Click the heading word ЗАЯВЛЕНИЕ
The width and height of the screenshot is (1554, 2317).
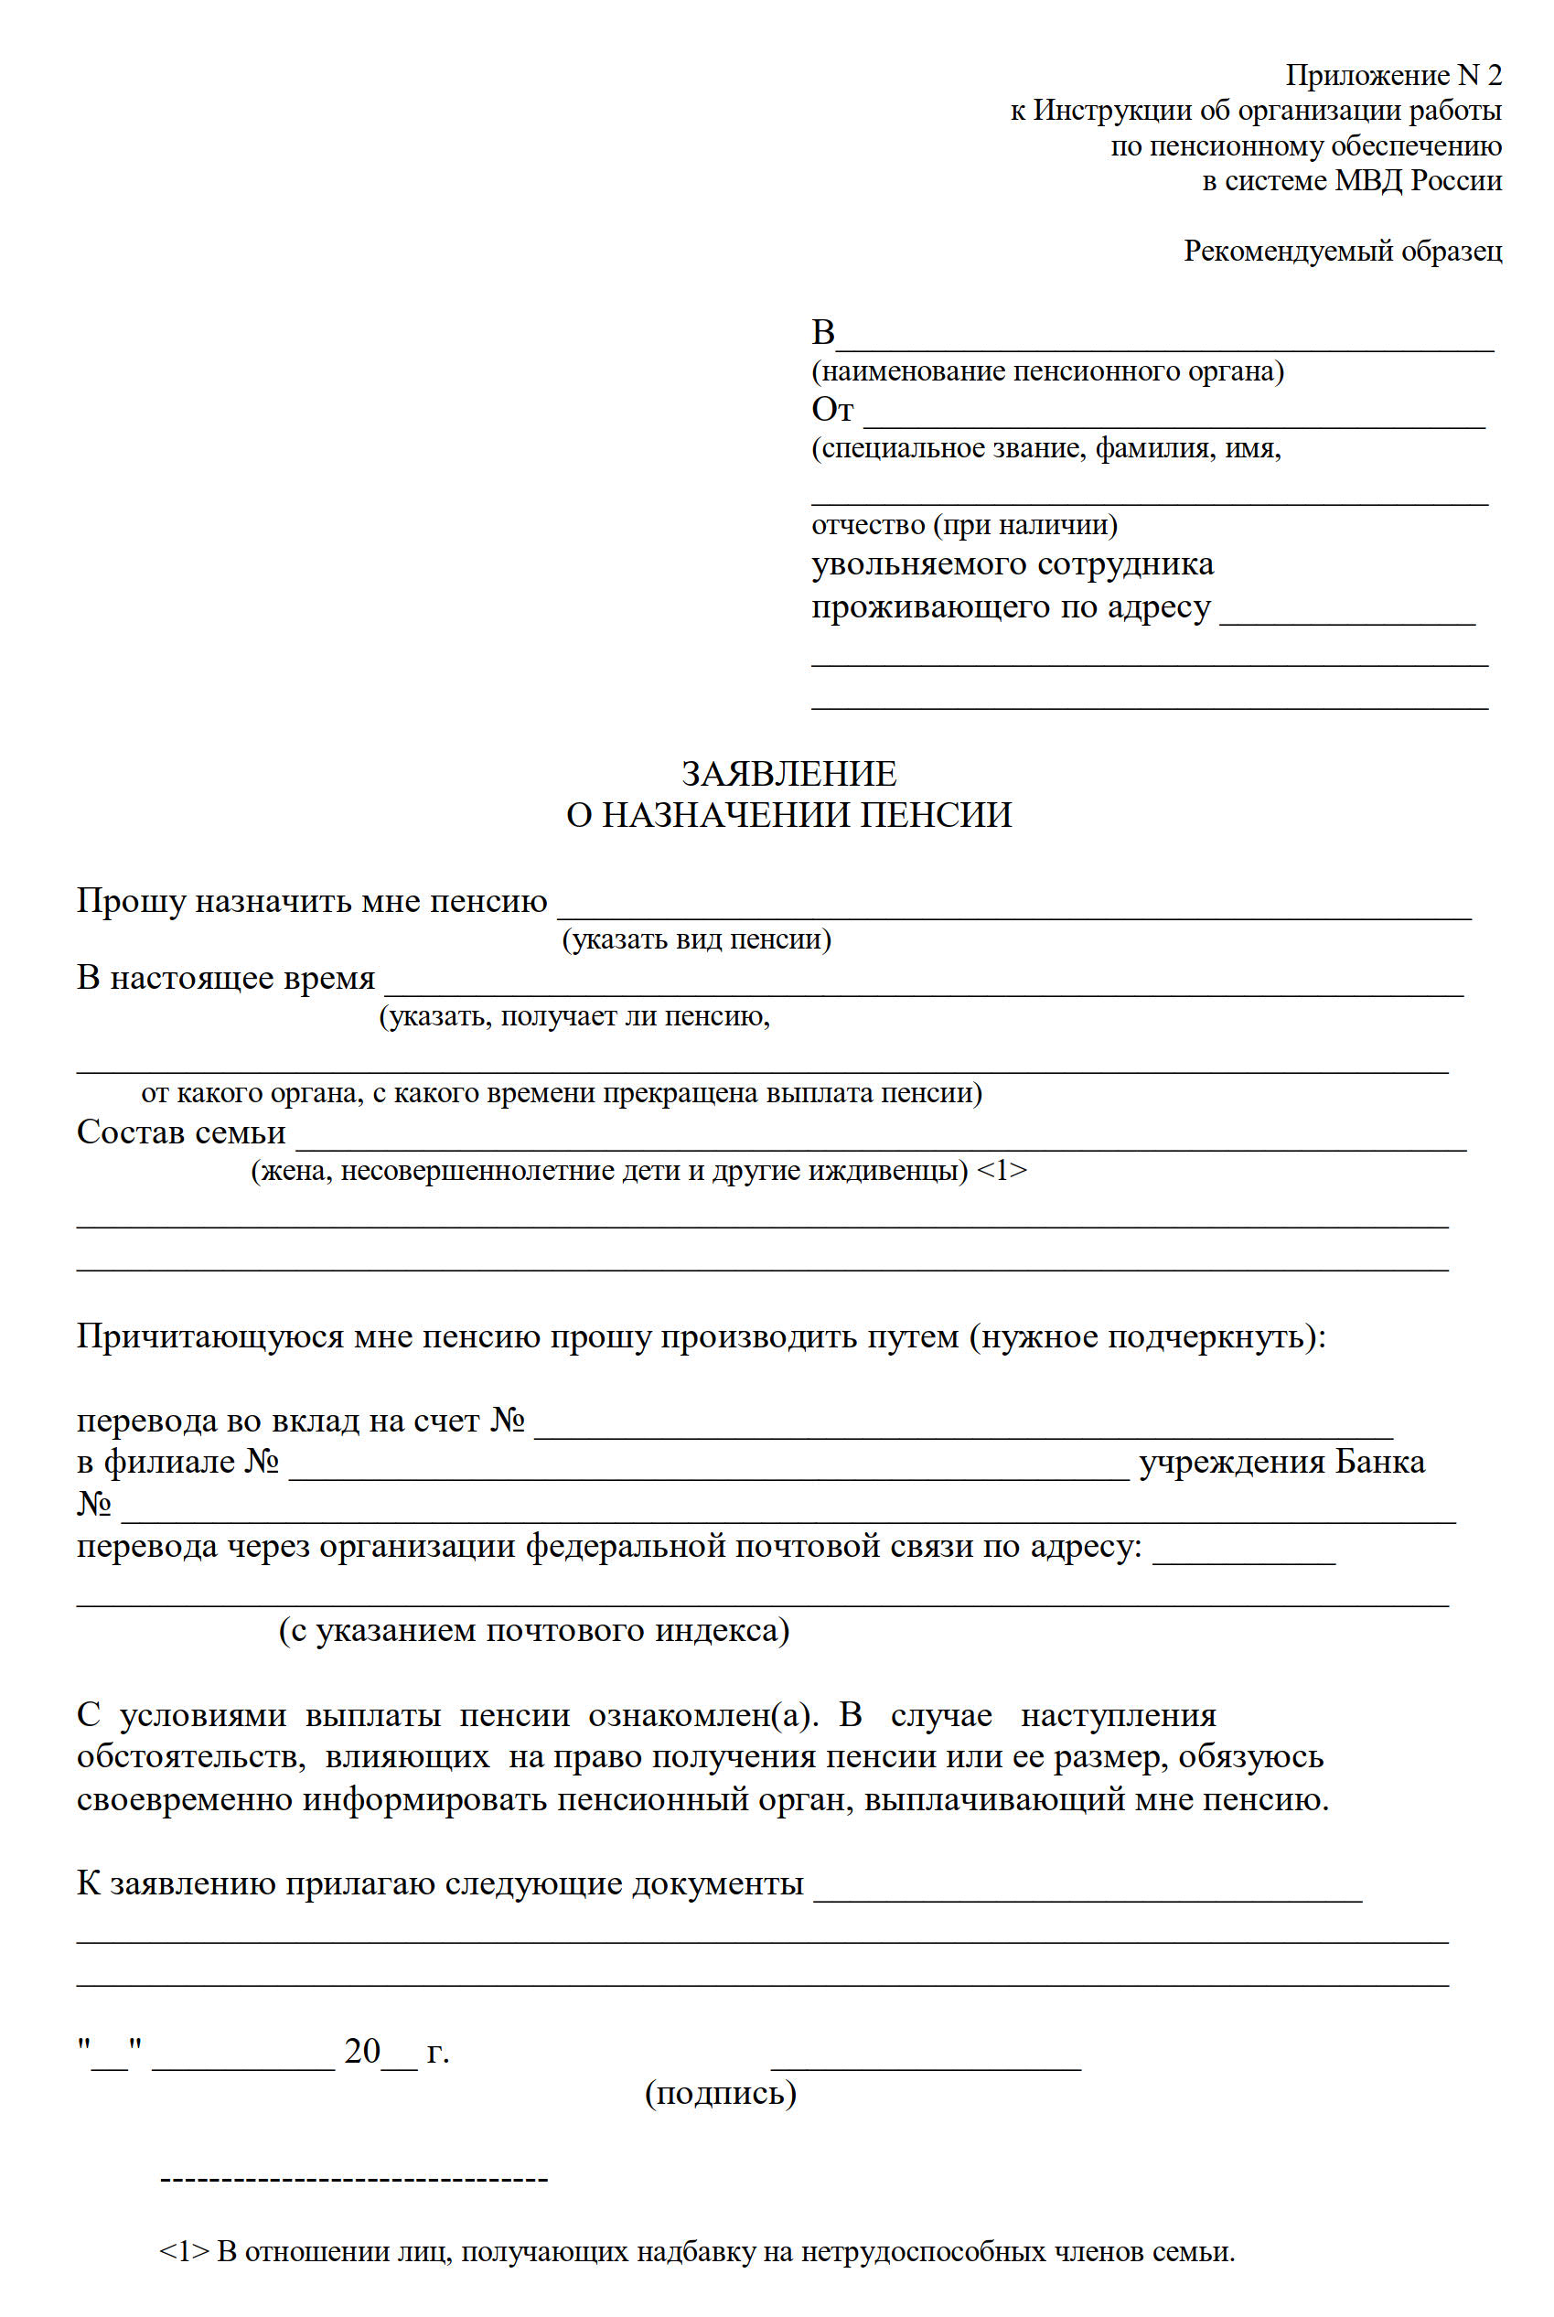pos(789,773)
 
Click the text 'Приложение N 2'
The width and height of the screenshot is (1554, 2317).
pos(1392,75)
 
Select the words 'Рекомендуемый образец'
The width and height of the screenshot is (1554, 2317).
pos(1342,251)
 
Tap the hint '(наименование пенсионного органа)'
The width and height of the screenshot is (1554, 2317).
pos(1047,370)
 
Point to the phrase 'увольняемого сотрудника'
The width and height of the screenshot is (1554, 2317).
pos(1012,563)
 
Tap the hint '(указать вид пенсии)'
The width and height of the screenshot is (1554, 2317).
pos(696,939)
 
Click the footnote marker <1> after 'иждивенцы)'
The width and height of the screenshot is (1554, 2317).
pos(1002,1171)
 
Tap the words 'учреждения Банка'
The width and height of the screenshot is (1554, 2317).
pos(1281,1462)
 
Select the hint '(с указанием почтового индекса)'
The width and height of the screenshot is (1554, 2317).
pos(533,1630)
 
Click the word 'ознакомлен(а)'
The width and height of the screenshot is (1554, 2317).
pos(702,1715)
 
